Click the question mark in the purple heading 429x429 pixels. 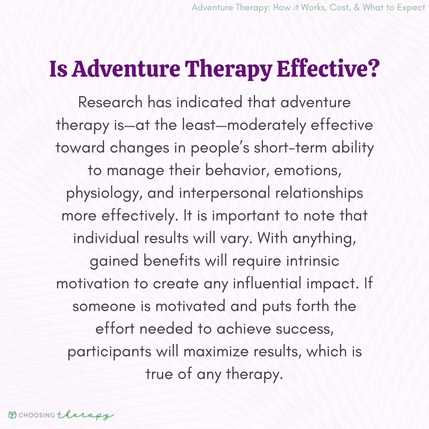(x=373, y=68)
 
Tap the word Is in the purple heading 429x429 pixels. (x=58, y=69)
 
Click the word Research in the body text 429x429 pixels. (x=110, y=102)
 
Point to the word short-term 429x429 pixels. (x=290, y=148)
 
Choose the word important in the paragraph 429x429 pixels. (x=246, y=216)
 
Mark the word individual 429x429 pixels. (x=106, y=238)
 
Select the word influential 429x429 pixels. (x=267, y=283)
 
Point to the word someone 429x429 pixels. (x=104, y=306)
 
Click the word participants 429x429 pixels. (x=110, y=352)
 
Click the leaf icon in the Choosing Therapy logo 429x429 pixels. (x=12, y=415)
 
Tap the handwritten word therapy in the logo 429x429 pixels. (x=85, y=415)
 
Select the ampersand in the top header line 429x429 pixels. (x=357, y=8)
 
